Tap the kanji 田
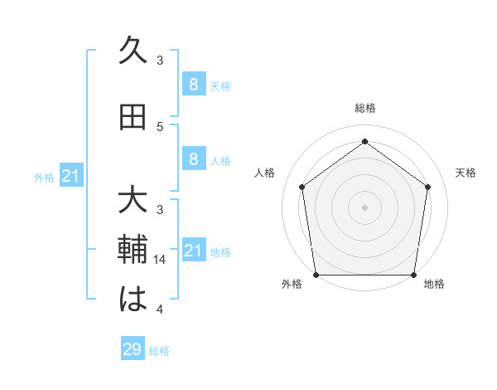[x=133, y=118]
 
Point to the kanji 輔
[x=133, y=250]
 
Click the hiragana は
[x=133, y=300]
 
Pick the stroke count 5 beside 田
[x=160, y=127]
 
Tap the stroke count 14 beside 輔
[x=162, y=260]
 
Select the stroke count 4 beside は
[x=160, y=310]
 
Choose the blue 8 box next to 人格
[x=193, y=159]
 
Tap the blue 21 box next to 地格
[x=193, y=250]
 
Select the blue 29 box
[x=133, y=349]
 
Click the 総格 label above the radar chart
[x=364, y=108]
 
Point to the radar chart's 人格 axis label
[x=265, y=173]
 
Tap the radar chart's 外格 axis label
[x=292, y=285]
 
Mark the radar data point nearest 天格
[x=427, y=187]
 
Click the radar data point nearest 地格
[x=413, y=275]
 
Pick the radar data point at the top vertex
[x=364, y=142]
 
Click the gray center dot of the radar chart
[x=364, y=207]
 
